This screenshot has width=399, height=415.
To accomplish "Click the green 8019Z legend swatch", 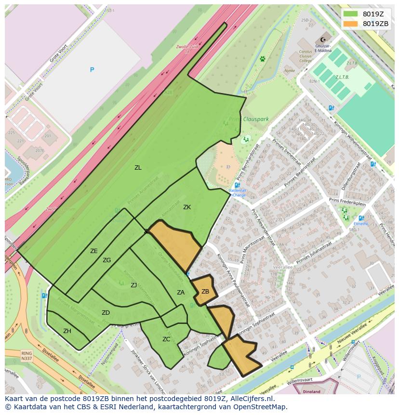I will pos(351,14).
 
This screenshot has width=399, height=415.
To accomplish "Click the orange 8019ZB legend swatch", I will pos(351,24).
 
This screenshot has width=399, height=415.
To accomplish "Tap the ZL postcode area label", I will pos(138,168).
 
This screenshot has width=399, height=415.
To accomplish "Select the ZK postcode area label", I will pos(187,207).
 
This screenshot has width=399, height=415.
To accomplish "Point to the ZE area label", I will pos(94,251).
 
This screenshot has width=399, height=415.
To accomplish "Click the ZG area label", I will pos(106,260).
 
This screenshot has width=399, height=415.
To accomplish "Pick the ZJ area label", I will pos(133,285).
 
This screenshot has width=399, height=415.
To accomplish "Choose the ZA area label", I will pos(181,293).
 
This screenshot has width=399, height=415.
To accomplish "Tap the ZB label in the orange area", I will pos(205,292).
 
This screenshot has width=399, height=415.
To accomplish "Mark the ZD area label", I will pos(106,313).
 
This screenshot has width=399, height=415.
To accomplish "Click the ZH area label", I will pos(67,331).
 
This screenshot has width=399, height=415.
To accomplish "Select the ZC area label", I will pos(166,339).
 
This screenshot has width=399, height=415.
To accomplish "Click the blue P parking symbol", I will pos(92,70).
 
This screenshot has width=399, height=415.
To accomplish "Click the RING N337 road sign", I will pos(27,356).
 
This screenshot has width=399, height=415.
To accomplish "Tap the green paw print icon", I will pos(263,59).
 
